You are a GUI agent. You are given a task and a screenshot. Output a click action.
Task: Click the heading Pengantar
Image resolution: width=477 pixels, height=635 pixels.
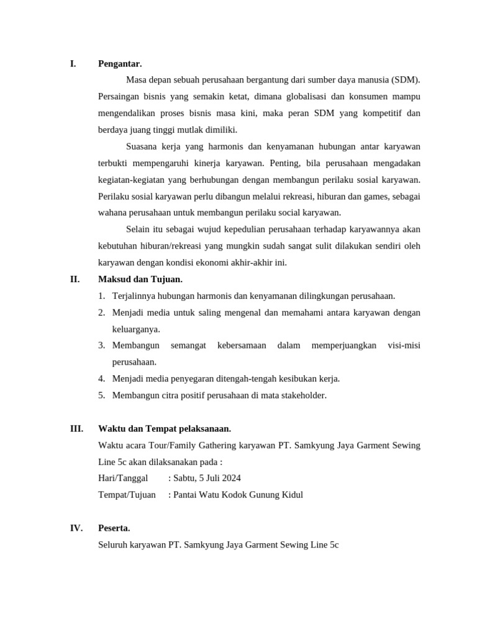point(120,63)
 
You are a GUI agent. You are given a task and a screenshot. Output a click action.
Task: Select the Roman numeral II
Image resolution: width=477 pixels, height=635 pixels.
point(75,279)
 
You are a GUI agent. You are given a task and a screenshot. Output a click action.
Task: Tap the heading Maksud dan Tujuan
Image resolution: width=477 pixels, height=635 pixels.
point(140,279)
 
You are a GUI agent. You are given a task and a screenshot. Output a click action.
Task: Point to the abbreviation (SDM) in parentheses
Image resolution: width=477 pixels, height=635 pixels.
point(406,80)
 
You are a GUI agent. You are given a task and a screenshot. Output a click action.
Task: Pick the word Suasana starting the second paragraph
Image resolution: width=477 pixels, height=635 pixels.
point(143,146)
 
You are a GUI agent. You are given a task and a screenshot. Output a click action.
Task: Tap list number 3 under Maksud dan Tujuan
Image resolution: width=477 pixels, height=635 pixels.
point(101,345)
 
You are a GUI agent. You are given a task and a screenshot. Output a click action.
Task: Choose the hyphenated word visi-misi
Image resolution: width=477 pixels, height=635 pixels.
point(404,345)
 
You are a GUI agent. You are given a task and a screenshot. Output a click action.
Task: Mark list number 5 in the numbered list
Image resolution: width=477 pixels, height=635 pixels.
point(101,395)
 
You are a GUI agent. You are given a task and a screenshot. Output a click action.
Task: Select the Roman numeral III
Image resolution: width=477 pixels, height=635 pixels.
point(76,429)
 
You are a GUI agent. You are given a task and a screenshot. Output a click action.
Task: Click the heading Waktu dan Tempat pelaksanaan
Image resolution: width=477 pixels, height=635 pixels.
point(165,429)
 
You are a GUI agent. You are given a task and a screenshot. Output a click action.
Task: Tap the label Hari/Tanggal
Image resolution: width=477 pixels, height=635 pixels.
point(123,478)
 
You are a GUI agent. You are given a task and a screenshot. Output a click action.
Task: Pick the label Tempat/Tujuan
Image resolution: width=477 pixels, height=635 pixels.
point(127,495)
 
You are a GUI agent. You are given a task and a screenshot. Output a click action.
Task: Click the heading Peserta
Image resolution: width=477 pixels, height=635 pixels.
point(114,528)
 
